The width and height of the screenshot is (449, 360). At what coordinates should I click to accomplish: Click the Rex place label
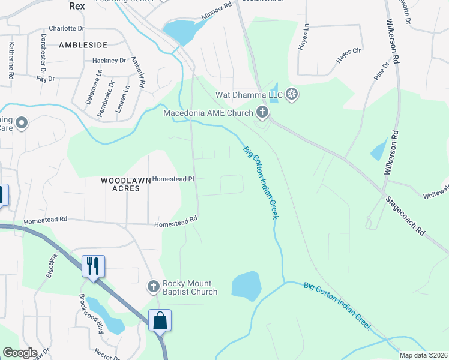pos(77,5)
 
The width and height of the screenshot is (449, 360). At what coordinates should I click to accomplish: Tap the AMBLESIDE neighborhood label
pos(83,45)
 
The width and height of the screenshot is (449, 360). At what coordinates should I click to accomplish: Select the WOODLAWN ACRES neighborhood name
pos(120,184)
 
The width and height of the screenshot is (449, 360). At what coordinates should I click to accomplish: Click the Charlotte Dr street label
pos(67,28)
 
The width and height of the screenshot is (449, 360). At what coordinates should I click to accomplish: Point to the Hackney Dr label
pos(109,61)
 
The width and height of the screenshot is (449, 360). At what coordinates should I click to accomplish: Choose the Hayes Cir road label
pos(348,55)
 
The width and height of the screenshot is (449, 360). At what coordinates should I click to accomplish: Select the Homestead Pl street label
pos(173,179)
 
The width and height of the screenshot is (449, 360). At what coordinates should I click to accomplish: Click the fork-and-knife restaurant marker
pos(93,266)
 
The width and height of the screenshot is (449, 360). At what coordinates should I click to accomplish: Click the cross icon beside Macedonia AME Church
pos(262,112)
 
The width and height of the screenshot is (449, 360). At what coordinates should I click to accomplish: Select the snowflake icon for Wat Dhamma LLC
pos(292,94)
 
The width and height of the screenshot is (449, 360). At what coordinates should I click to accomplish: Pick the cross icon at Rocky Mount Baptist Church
pos(154,286)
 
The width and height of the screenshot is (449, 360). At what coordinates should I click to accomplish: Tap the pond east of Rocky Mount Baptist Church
pos(246,286)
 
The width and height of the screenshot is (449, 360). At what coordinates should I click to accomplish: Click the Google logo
pos(20,353)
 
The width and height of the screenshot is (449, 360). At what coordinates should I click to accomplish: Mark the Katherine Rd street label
pos(11,61)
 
